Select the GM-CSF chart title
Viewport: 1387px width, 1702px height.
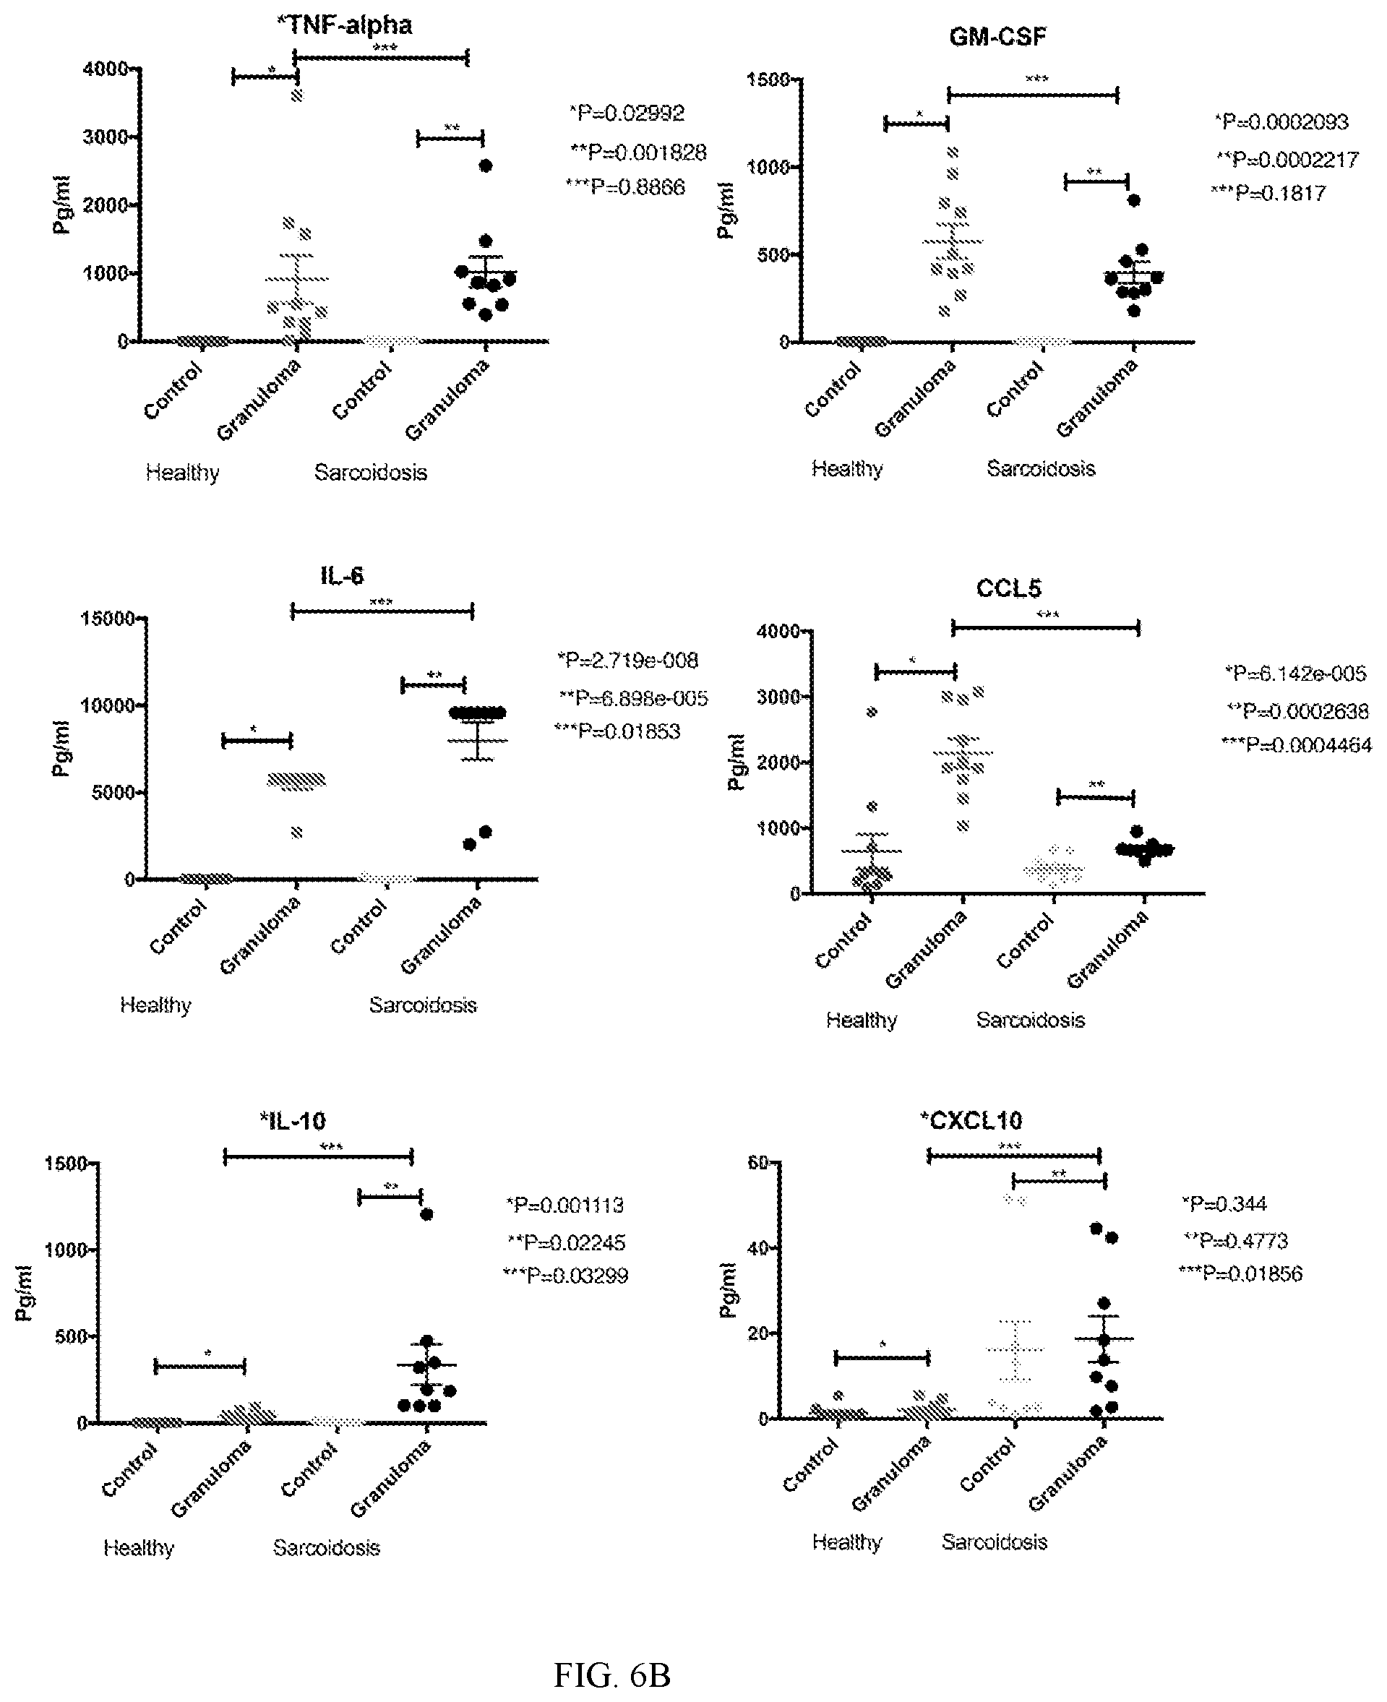[997, 37]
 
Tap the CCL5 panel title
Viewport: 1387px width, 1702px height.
[1008, 588]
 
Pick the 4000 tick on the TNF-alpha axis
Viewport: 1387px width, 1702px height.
[106, 69]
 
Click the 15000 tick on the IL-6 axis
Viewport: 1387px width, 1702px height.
[107, 618]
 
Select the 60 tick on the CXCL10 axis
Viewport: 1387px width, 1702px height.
[757, 1162]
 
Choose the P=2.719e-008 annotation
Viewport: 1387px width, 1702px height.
[627, 661]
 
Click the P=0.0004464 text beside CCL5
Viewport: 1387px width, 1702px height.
[1296, 745]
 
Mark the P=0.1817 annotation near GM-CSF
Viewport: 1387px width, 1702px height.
[1268, 193]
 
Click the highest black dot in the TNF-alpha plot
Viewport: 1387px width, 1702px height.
[485, 166]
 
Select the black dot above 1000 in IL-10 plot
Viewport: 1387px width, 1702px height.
[426, 1215]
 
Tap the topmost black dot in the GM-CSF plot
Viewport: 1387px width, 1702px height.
[1134, 200]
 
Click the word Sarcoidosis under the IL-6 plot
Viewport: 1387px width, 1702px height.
[423, 1005]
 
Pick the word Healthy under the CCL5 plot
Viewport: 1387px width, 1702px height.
[862, 1020]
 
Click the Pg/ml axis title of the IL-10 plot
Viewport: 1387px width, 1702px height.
[24, 1291]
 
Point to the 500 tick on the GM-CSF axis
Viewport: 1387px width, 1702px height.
[773, 255]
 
